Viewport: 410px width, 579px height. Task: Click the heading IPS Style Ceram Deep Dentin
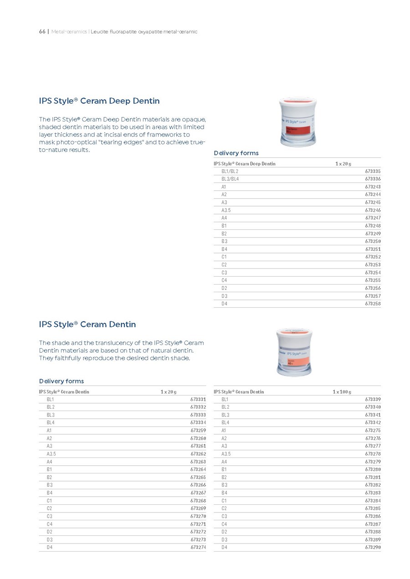pyautogui.click(x=99, y=101)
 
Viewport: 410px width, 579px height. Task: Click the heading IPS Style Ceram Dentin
pyautogui.click(x=87, y=325)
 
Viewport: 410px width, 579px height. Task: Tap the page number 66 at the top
pyautogui.click(x=42, y=31)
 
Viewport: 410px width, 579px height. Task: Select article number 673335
pyautogui.click(x=373, y=171)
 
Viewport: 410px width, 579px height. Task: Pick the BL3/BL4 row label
pyautogui.click(x=230, y=179)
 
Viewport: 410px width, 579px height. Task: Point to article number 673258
pyautogui.click(x=373, y=304)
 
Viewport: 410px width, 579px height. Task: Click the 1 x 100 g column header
pyautogui.click(x=342, y=391)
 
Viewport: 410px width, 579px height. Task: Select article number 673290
pyautogui.click(x=373, y=547)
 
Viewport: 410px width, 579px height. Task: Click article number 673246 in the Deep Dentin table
pyautogui.click(x=373, y=210)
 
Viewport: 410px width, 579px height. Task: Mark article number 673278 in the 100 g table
pyautogui.click(x=373, y=454)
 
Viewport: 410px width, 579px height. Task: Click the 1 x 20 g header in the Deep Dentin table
pyautogui.click(x=343, y=163)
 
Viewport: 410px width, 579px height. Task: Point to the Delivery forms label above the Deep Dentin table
pyautogui.click(x=236, y=153)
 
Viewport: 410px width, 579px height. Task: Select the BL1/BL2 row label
pyautogui.click(x=230, y=171)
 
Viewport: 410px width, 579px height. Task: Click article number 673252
pyautogui.click(x=373, y=257)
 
